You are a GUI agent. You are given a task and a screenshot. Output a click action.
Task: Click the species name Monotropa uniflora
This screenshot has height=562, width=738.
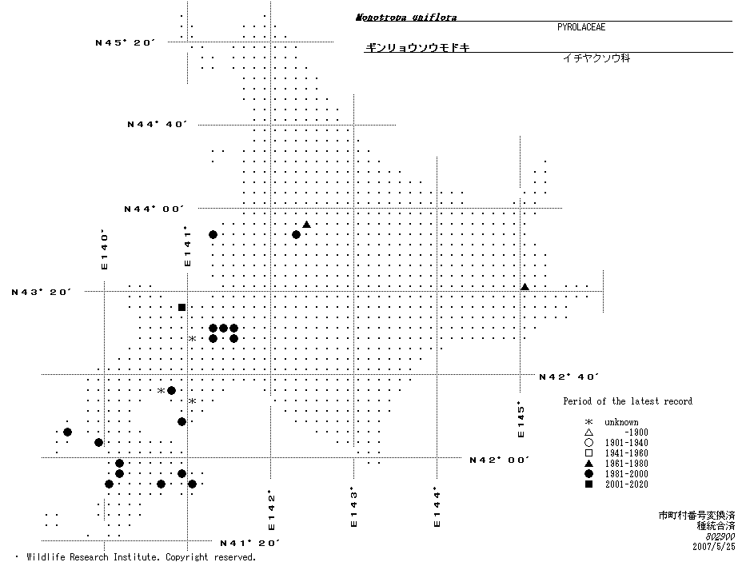(406, 17)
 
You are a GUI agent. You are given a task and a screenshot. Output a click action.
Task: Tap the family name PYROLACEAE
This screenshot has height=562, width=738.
(581, 27)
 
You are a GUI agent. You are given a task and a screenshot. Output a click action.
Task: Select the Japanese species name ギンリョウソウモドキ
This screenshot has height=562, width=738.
(417, 48)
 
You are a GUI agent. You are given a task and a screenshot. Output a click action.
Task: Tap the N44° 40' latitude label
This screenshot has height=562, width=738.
(157, 124)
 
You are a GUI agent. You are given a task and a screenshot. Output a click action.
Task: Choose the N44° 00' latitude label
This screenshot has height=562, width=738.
(154, 209)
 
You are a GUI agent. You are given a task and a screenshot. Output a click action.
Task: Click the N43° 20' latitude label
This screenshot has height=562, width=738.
(42, 292)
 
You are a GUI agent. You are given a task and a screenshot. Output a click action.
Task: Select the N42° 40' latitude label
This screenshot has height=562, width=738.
(569, 376)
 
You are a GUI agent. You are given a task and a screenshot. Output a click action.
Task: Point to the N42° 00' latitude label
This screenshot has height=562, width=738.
(500, 460)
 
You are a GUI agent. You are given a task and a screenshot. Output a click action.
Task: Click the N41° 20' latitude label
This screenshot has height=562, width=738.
(249, 543)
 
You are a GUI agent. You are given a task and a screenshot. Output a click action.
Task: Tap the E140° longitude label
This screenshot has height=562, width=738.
(103, 249)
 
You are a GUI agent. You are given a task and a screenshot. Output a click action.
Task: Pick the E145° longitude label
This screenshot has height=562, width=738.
(521, 419)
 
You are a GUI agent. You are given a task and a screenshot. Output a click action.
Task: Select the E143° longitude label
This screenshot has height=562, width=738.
(353, 508)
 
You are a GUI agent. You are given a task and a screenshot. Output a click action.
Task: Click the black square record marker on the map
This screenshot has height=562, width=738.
(182, 307)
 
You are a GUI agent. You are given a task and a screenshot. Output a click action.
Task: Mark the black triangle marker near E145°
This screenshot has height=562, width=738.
(525, 286)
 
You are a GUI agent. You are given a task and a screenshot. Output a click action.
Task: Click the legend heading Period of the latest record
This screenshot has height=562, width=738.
(628, 401)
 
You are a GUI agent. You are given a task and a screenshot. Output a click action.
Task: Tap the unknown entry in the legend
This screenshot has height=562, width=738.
(621, 422)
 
